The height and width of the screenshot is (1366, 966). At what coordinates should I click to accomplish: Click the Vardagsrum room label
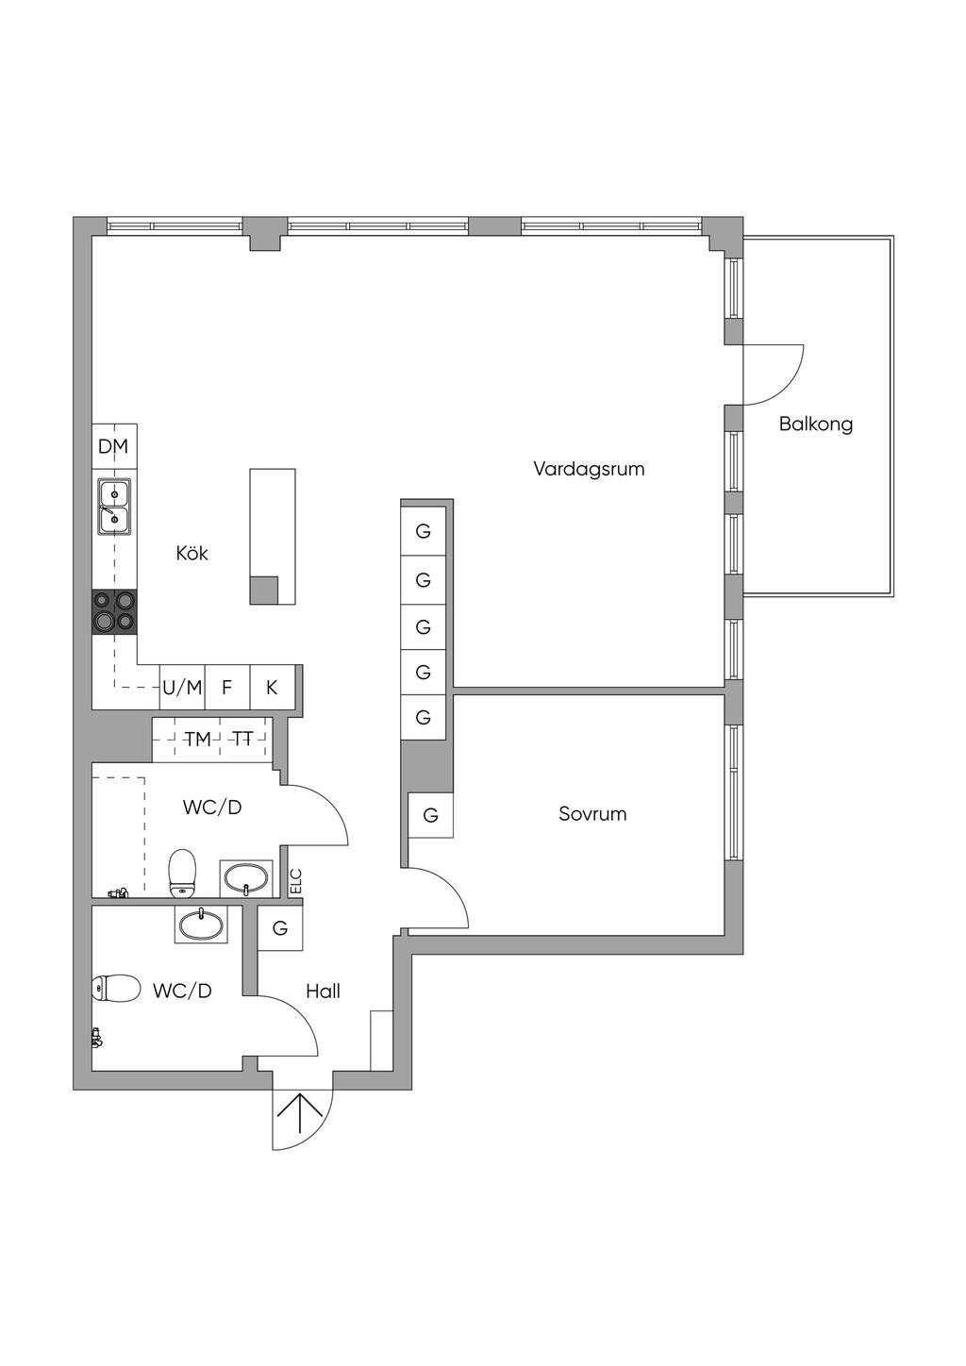589,469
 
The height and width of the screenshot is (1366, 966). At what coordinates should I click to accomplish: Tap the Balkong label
815,424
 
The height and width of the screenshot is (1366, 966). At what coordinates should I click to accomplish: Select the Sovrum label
592,813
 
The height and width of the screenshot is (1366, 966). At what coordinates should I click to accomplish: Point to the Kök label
192,553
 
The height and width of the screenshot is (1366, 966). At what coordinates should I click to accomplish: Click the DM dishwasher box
114,446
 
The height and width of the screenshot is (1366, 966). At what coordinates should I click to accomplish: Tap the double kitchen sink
114,508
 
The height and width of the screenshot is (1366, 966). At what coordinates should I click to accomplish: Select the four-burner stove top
114,612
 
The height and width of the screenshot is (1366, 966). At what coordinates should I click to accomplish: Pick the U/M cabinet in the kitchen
182,688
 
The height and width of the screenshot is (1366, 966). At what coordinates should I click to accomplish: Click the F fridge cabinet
227,688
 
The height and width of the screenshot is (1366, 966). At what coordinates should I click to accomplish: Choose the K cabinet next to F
272,688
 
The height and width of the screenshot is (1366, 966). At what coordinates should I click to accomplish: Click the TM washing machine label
197,740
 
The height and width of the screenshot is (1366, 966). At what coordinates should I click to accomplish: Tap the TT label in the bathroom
242,739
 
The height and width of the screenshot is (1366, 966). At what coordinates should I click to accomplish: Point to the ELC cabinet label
297,881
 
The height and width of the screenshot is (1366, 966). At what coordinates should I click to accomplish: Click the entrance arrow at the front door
300,1114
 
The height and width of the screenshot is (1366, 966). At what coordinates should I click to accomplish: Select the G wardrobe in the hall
280,927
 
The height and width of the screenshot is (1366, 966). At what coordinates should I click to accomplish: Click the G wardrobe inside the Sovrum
430,815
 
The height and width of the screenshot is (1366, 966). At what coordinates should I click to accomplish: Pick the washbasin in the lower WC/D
201,925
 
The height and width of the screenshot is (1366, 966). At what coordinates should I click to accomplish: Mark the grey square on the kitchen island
264,591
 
